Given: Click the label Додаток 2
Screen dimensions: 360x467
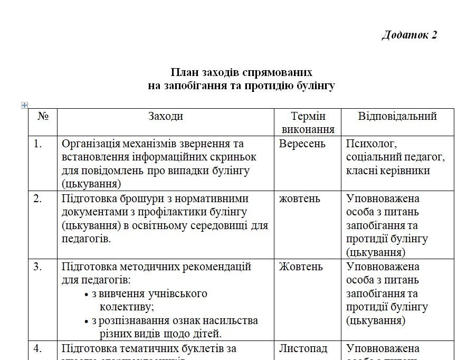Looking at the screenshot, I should (409, 35).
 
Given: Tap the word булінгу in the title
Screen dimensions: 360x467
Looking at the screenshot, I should (316, 86).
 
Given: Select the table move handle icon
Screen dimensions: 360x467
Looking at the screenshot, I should (24, 105).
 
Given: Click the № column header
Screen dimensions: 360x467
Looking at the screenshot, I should (43, 116).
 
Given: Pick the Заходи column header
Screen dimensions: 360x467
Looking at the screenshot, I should (165, 116).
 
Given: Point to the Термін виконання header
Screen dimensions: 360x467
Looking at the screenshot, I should (308, 122).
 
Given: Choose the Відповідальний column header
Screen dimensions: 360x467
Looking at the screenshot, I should (397, 116).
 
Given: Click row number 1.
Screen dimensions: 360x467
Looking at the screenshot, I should (37, 144).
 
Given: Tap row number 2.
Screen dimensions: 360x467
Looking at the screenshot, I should (37, 198).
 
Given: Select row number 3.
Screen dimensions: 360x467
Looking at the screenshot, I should (37, 267).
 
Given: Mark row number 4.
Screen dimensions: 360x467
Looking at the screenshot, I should (37, 348).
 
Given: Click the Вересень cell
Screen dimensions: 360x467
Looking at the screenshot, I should (302, 144).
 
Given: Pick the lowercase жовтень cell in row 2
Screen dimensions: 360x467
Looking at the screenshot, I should (300, 198).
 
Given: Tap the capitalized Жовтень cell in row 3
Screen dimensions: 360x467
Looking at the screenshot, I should (301, 267).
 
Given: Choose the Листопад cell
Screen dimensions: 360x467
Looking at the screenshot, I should (303, 348).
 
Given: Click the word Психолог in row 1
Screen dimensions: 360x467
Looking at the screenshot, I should (371, 144).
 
